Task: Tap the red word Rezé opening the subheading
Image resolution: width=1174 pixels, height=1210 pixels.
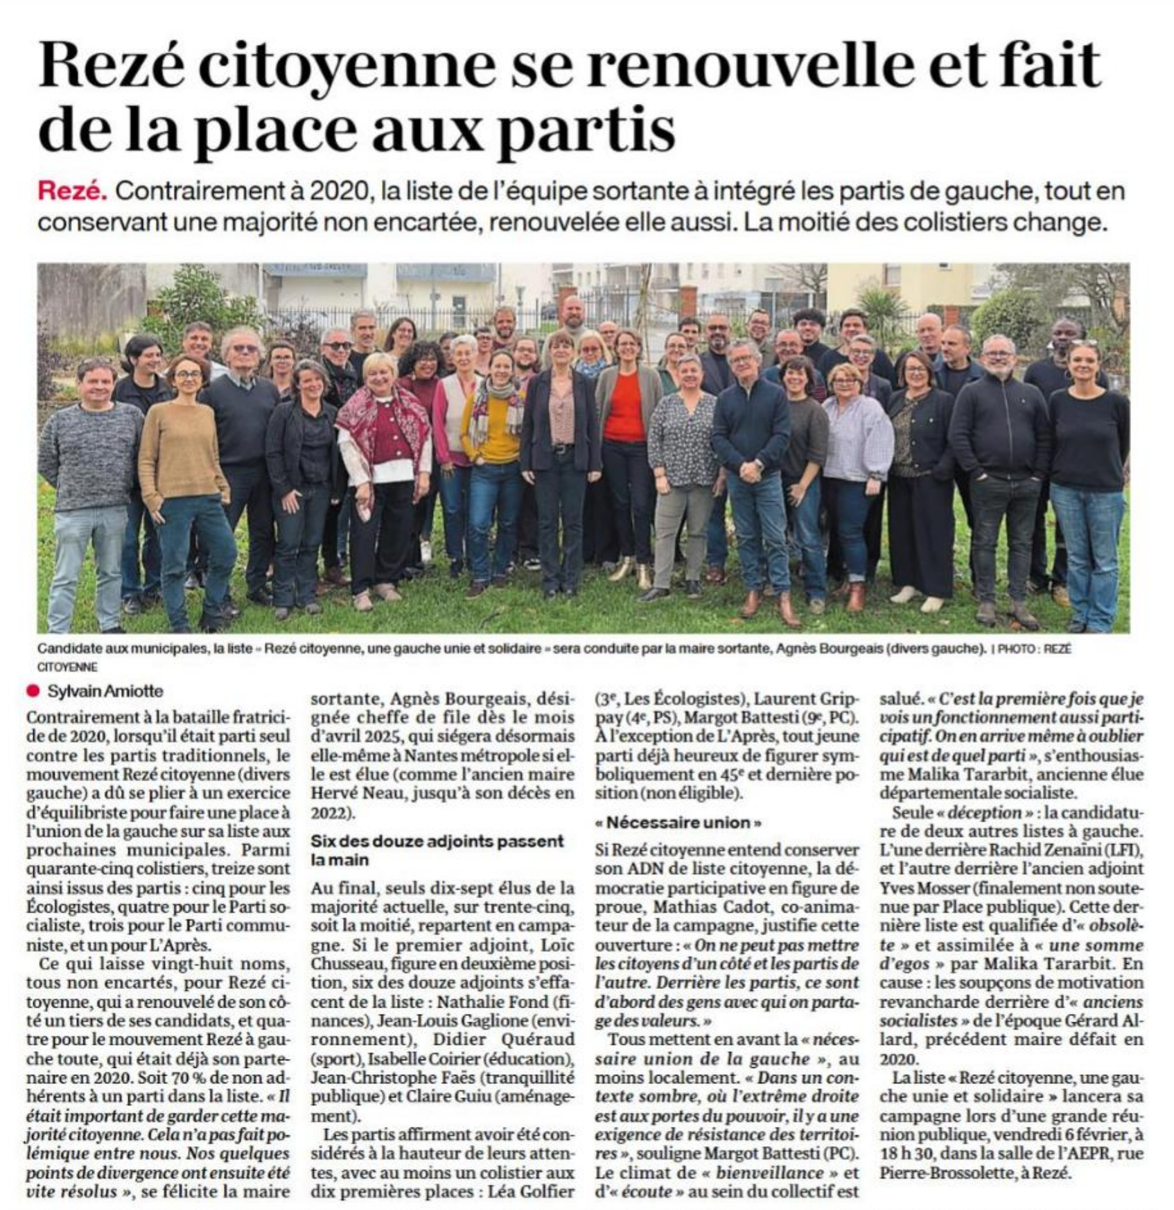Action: click(x=72, y=192)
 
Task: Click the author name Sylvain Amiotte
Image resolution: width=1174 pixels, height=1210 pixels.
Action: click(x=105, y=691)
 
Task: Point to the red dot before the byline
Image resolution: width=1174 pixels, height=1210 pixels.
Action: click(x=31, y=691)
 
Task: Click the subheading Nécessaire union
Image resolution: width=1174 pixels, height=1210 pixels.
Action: click(x=678, y=823)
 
